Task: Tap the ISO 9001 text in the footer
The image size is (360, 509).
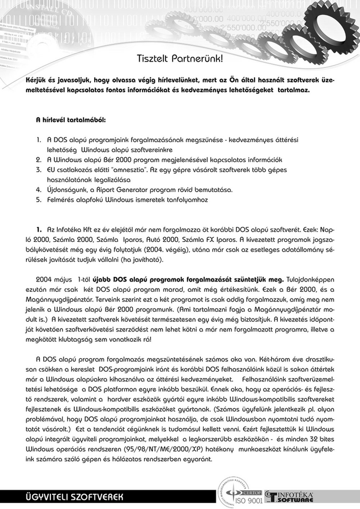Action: pyautogui.click(x=248, y=501)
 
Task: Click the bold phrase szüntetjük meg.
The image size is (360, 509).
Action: pyautogui.click(x=262, y=279)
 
